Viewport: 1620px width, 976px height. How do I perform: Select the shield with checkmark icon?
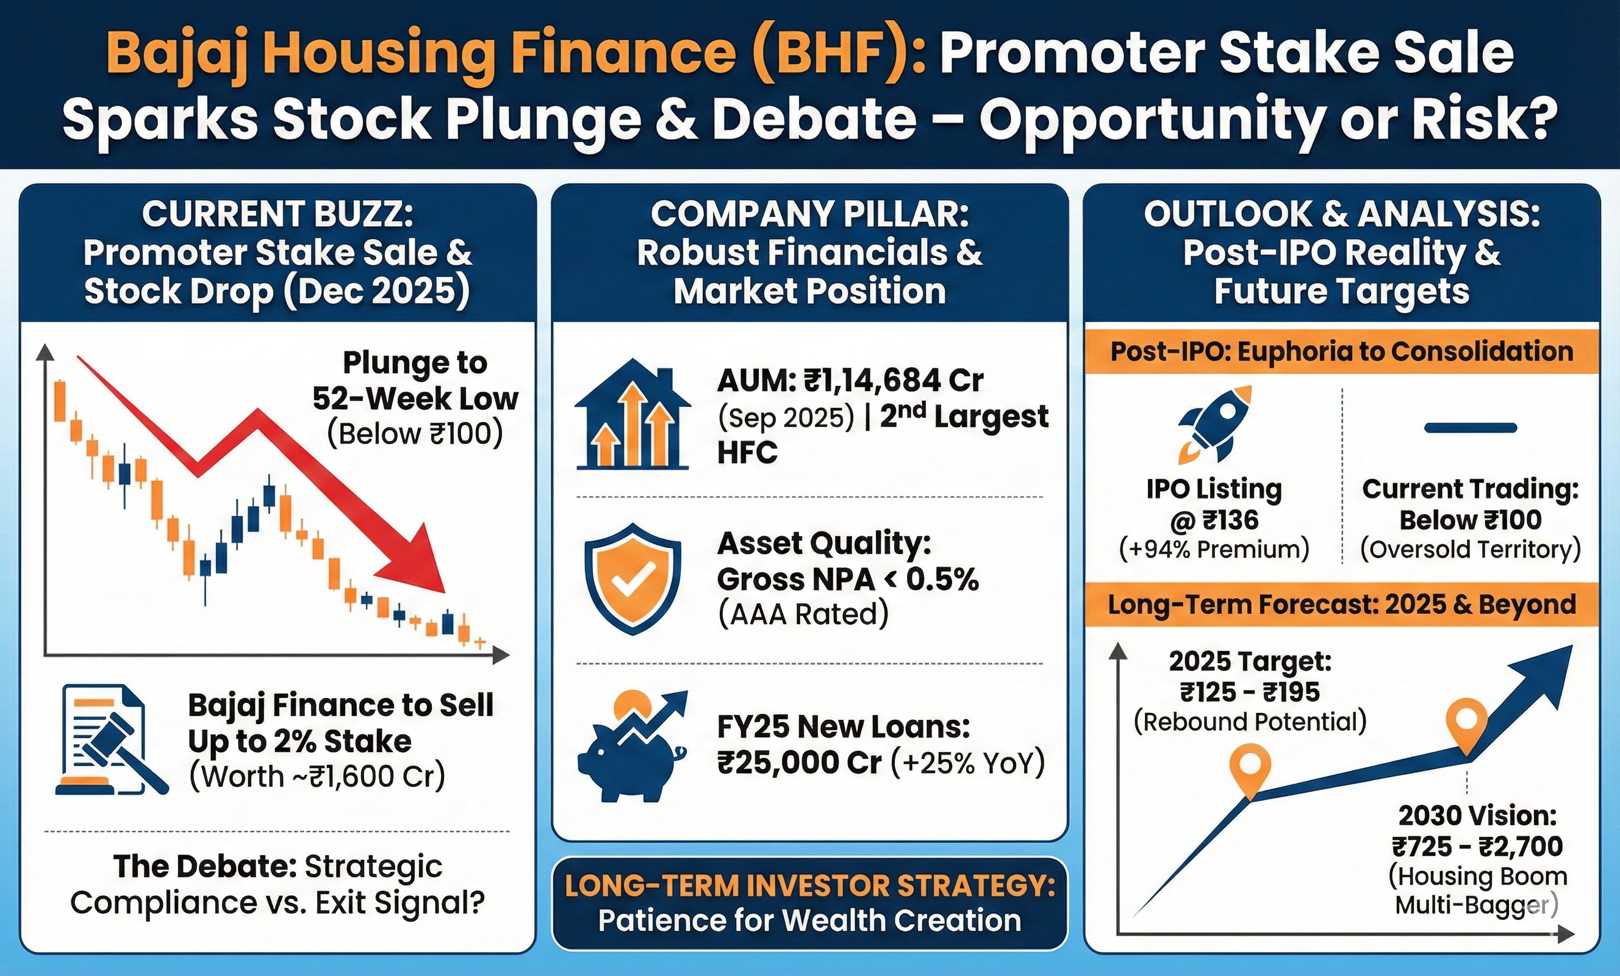632,579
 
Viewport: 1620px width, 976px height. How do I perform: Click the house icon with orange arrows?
633,415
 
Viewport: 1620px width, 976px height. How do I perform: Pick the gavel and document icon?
110,740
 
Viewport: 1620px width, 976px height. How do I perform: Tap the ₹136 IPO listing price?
1230,520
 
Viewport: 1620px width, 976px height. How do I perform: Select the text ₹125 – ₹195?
1250,692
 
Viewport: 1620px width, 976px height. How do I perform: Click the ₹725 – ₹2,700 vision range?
1477,847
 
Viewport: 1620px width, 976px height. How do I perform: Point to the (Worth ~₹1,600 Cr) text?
317,777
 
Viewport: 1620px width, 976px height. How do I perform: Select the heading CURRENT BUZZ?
278,214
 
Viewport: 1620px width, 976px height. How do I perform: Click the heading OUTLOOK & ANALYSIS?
1341,214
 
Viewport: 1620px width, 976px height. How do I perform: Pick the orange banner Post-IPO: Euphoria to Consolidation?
1341,352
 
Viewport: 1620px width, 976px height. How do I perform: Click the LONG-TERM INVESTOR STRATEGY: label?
809,886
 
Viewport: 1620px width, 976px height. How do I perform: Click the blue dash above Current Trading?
1470,428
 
